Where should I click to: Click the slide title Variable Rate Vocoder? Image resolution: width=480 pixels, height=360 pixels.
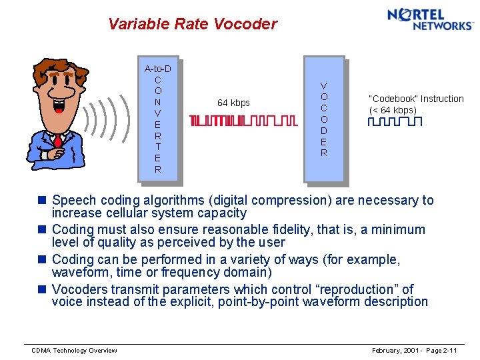tap(192, 25)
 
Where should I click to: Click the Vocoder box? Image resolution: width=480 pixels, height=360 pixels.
tap(323, 119)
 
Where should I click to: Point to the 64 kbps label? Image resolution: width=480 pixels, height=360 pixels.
tap(233, 103)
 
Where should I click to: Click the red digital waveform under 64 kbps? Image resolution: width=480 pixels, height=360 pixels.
tap(243, 121)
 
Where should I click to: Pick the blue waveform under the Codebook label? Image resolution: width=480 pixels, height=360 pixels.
tap(395, 122)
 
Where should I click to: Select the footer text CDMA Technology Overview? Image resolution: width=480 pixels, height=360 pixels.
tap(74, 351)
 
